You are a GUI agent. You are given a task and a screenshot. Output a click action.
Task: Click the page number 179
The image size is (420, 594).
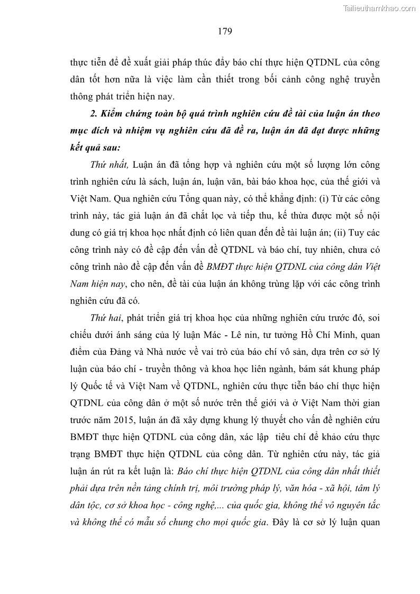click(225, 31)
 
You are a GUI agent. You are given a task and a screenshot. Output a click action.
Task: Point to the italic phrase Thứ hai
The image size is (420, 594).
click(105, 318)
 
